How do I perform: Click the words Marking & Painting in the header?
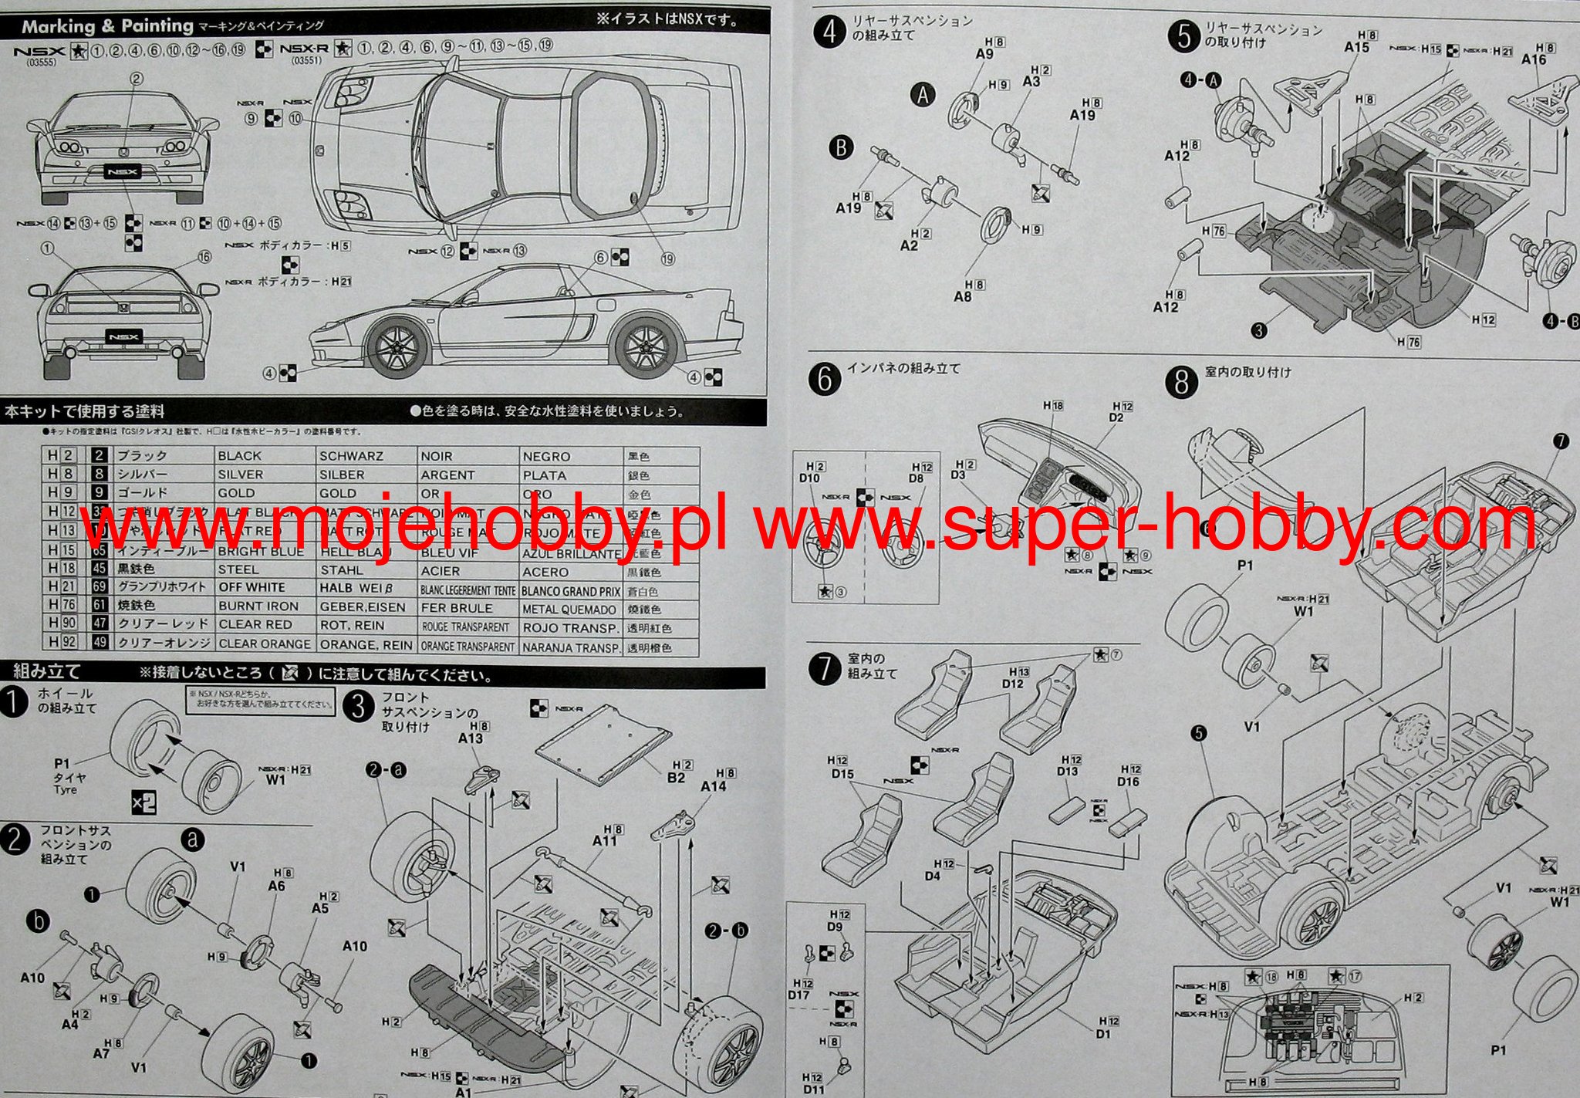click(107, 26)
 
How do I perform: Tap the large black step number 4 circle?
click(829, 34)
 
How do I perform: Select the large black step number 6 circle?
click(825, 379)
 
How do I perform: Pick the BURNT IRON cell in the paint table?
click(258, 606)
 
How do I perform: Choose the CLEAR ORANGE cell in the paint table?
click(265, 644)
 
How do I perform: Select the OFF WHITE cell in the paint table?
click(252, 587)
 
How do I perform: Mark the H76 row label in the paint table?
click(62, 605)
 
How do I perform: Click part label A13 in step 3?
click(471, 738)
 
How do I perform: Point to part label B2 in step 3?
click(676, 778)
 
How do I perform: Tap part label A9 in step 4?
click(984, 54)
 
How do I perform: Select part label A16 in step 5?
click(1534, 59)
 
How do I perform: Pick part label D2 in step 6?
click(1116, 417)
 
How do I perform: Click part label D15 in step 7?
click(842, 774)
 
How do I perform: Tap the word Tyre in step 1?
click(65, 790)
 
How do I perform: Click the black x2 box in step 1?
click(144, 802)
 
